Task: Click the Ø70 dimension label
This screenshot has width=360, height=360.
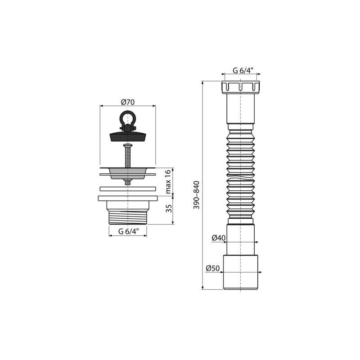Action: pos(128,102)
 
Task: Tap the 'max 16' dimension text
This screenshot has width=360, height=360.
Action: pos(168,181)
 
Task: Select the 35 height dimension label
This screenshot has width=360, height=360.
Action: pos(168,208)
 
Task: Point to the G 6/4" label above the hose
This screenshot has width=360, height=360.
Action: pos(243,70)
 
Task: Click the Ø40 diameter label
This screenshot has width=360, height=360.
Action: pos(218,238)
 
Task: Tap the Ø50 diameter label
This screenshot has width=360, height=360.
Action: pos(212,268)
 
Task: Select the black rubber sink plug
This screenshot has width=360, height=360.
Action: pos(127,135)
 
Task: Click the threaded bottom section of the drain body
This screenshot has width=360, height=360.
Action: pos(128,217)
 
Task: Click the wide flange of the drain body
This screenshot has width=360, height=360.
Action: pos(127,198)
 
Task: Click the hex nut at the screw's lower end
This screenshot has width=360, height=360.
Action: pos(128,181)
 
